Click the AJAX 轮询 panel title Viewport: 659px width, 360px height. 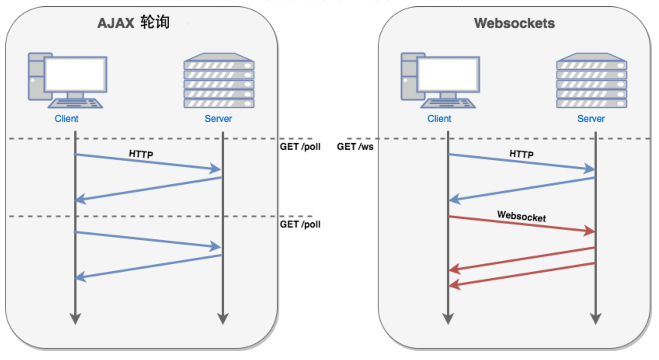133,23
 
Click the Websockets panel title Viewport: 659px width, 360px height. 514,23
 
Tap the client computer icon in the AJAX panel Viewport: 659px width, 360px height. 67,81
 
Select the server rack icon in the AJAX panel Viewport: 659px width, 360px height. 219,81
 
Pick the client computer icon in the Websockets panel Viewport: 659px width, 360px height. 440,81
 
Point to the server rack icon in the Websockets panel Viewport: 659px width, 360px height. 591,81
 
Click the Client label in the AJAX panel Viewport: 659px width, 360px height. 66,119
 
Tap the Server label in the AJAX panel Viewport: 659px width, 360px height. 218,119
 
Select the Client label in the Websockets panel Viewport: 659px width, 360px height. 439,119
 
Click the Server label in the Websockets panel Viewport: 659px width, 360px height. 591,119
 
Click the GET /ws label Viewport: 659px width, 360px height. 355,147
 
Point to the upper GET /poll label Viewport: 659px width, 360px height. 300,147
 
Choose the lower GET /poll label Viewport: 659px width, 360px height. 300,224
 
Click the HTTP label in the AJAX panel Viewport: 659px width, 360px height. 141,154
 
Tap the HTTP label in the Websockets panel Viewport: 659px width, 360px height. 522,154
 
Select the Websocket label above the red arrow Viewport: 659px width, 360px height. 522,216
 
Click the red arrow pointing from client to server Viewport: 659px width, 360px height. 522,224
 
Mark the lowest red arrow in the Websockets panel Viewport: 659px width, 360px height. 522,275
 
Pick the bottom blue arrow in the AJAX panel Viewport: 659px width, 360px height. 148,266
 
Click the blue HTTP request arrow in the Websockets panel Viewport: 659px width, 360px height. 522,162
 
